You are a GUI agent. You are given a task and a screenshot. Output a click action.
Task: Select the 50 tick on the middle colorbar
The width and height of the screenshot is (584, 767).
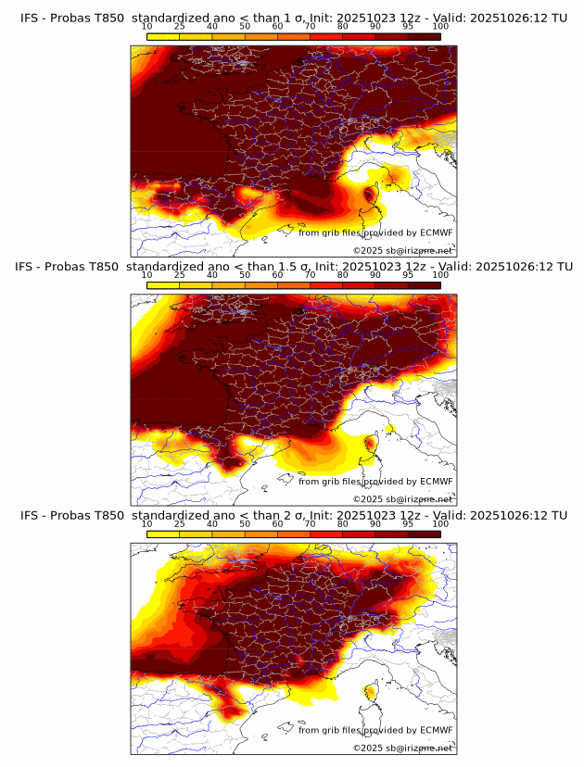point(244,275)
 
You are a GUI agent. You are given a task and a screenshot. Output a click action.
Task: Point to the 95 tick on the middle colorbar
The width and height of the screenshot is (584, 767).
point(408,275)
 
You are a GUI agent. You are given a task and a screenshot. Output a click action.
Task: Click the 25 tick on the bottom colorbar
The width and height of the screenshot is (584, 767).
point(179,524)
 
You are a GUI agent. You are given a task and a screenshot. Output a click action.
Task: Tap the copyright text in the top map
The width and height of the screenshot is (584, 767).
point(402,250)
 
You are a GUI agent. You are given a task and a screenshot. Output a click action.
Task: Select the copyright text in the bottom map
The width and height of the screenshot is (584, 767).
point(402,748)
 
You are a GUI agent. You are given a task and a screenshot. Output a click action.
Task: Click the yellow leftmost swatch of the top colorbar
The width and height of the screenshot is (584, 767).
point(162,36)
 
